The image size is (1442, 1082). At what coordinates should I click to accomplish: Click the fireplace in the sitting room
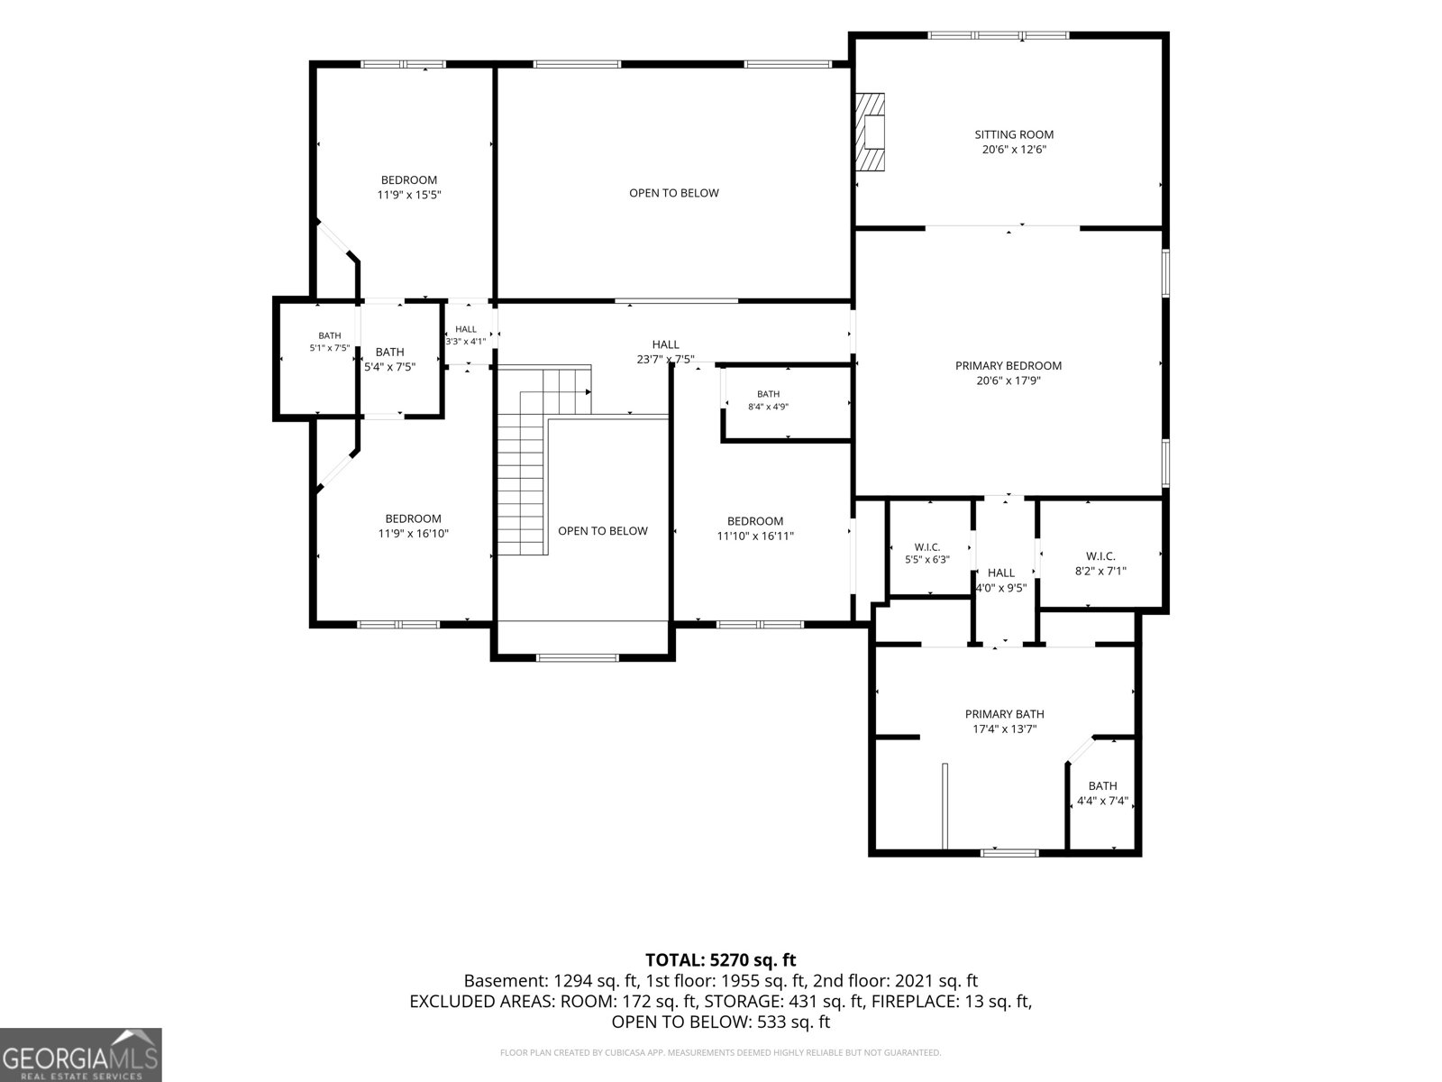(870, 132)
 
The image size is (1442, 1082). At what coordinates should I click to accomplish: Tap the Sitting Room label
(1014, 134)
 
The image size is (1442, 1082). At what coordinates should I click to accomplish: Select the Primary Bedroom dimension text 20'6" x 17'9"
(1008, 381)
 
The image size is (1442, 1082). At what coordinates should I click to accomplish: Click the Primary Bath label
(1005, 714)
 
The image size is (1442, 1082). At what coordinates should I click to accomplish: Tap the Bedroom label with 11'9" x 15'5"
(408, 180)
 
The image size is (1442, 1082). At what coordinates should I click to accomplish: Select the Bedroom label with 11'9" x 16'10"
(413, 519)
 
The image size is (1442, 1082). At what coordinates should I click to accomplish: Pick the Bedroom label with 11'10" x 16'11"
(755, 522)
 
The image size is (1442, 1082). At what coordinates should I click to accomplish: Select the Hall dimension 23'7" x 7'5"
(665, 360)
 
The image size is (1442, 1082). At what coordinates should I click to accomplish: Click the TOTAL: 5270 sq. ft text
(721, 960)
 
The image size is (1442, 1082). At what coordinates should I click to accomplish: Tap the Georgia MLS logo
(80, 1055)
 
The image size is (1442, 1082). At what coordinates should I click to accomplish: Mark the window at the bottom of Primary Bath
(1009, 853)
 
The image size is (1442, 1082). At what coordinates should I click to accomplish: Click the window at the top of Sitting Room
(999, 35)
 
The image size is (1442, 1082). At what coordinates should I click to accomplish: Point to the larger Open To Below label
(674, 193)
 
